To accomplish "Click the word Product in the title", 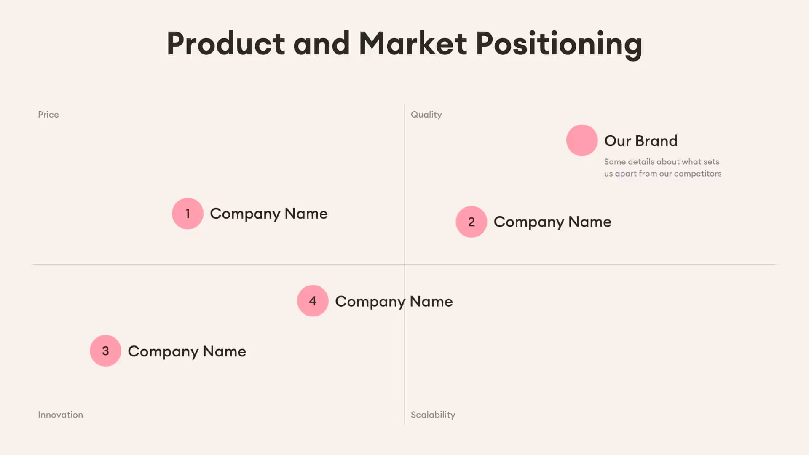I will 226,44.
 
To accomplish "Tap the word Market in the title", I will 413,44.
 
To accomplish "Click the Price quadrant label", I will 48,115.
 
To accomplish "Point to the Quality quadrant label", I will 426,115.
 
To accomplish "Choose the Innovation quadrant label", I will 60,415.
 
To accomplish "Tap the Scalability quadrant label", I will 433,415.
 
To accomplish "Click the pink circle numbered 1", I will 188,214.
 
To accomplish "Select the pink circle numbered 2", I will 471,222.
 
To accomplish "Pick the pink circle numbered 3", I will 105,351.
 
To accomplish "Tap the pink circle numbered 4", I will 313,301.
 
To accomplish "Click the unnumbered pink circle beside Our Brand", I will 582,140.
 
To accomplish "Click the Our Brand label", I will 641,141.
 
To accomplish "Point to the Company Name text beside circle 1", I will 269,214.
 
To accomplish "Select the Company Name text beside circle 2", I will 552,222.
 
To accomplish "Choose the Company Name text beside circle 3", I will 187,351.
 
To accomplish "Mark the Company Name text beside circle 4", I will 394,302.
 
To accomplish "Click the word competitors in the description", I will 697,174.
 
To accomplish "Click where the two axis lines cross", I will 404,265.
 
